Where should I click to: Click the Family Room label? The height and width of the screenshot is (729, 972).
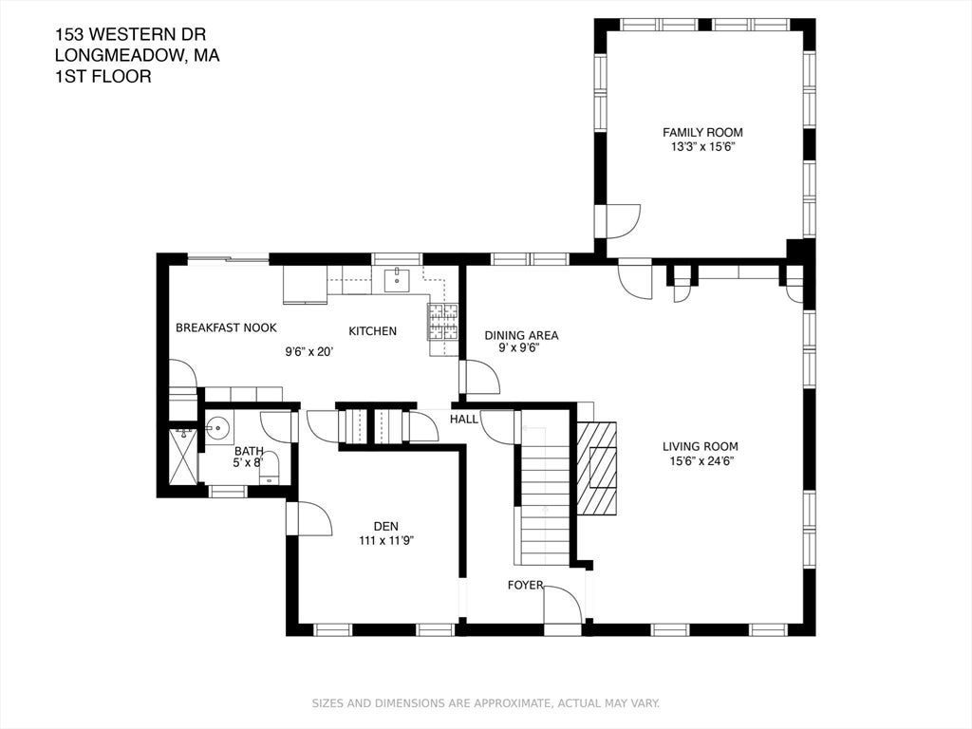702,132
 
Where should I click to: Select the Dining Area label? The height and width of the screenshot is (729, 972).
521,335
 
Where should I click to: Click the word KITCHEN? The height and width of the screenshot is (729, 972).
372,331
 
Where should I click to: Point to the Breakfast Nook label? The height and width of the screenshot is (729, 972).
226,327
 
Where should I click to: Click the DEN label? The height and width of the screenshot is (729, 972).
386,526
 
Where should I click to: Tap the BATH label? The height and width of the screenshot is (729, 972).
249,451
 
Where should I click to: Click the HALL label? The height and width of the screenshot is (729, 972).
464,419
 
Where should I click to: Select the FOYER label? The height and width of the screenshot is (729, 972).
525,585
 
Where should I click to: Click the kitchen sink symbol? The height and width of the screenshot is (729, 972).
397,280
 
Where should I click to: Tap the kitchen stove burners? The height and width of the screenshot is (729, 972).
442,322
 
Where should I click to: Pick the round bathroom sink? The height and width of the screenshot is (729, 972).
217,427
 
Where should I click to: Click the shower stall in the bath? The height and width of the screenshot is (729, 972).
183,457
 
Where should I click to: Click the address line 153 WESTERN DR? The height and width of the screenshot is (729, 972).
130,33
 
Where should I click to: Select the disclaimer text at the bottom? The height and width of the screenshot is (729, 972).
485,703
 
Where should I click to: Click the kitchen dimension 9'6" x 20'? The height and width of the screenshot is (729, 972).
309,352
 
